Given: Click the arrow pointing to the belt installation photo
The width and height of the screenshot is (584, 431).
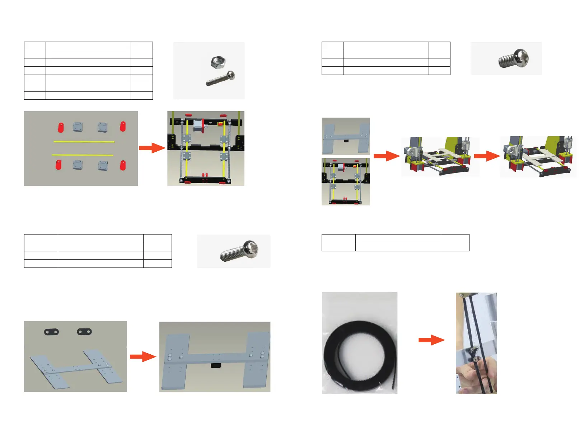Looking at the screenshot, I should click(x=431, y=340).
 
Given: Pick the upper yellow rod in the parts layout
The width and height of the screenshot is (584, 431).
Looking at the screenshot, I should click(x=84, y=142).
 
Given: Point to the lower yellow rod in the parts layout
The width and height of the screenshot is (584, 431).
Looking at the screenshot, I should click(x=83, y=155).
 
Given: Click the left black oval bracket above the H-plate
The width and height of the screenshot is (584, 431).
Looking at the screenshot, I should click(x=51, y=332).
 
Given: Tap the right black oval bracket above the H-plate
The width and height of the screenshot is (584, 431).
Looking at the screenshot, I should click(x=84, y=331).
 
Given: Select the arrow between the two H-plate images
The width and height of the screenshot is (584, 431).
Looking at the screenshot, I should click(x=143, y=356).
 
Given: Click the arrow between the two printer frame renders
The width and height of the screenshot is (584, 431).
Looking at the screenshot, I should click(x=487, y=156).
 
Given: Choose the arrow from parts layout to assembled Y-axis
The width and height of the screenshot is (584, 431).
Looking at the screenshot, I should click(x=152, y=147).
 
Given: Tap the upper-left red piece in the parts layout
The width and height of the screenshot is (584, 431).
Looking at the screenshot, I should click(x=61, y=127).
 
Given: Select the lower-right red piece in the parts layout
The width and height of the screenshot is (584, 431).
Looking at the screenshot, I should click(x=123, y=165).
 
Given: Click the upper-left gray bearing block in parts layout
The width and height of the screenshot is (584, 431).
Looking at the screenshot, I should click(x=78, y=127).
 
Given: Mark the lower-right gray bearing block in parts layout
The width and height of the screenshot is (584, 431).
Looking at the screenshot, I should click(x=103, y=165).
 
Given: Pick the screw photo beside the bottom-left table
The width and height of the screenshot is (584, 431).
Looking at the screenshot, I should click(x=239, y=251).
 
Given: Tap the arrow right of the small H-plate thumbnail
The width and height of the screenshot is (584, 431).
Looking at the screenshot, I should click(x=387, y=156).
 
